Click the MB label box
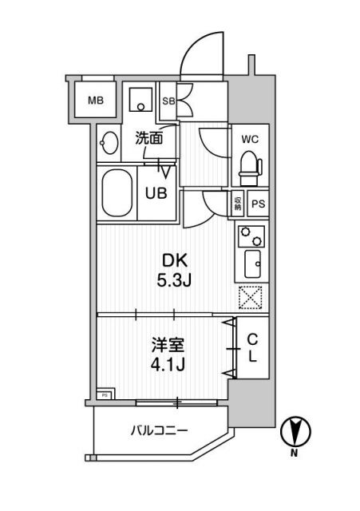point(96,101)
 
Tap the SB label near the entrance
point(169,101)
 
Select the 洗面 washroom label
point(148,137)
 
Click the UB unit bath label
point(155,192)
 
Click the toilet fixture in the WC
point(250,165)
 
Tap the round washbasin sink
point(109,145)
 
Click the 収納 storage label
point(238,204)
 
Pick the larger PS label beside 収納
point(257,204)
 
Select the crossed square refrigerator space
point(251,298)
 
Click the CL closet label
point(251,347)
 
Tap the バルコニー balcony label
point(160,431)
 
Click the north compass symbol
point(295,432)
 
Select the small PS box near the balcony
point(105,394)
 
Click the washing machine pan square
point(142,101)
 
